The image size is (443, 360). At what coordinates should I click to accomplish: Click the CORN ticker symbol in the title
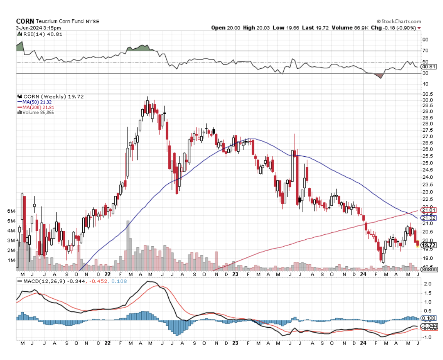click(25, 21)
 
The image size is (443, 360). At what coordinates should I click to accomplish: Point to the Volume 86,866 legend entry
click(38, 112)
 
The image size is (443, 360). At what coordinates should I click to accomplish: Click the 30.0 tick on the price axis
click(428, 100)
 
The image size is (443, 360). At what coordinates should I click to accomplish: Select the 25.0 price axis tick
click(428, 162)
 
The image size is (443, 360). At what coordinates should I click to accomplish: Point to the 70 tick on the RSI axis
click(425, 51)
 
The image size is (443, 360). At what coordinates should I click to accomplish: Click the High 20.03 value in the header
click(255, 28)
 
